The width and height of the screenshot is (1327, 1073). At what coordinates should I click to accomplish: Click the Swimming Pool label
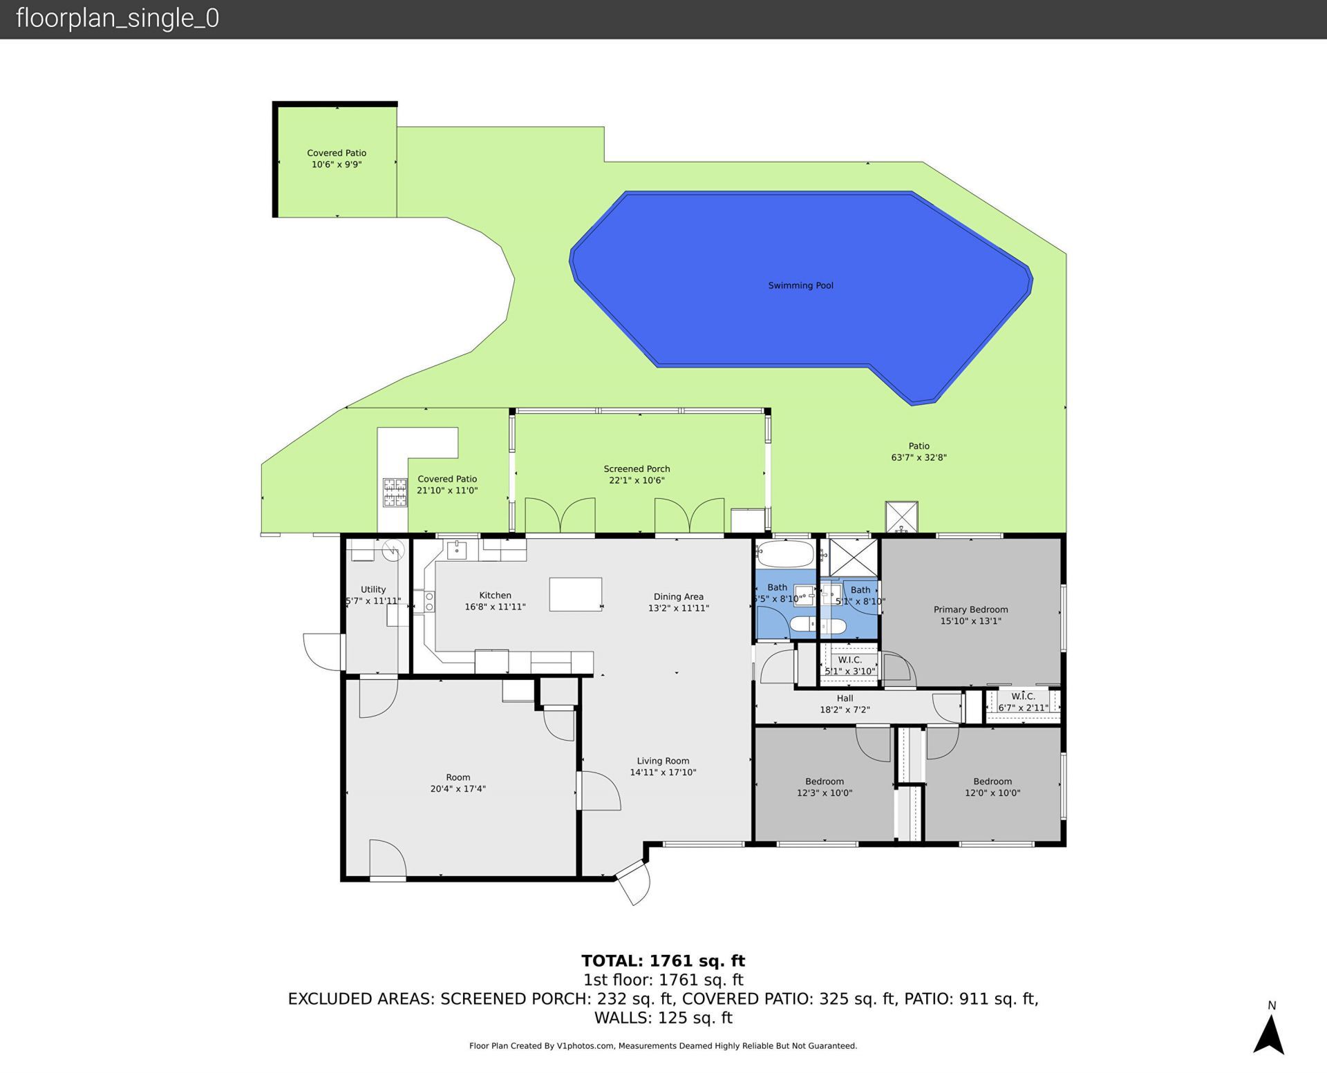800,285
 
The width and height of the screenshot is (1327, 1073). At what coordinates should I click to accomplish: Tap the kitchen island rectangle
575,594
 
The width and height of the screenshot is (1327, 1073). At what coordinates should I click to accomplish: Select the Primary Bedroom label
970,609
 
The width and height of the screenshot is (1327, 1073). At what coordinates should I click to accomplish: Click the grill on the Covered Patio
395,493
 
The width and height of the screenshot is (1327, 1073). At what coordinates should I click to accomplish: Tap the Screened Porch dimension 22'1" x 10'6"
637,480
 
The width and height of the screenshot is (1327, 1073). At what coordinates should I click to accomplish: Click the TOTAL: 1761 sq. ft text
663,960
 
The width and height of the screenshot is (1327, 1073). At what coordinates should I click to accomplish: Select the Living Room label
663,761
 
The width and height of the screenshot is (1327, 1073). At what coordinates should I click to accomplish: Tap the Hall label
845,699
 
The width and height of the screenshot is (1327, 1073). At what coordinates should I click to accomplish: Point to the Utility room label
373,589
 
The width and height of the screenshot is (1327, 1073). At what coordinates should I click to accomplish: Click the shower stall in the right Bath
853,557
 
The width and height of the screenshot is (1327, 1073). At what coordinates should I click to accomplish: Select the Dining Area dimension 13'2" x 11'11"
678,608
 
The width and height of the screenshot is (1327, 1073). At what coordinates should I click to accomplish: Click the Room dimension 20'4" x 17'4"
458,788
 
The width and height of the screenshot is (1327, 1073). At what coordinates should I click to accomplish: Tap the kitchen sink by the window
456,550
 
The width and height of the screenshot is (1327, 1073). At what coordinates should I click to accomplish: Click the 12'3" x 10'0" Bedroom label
824,787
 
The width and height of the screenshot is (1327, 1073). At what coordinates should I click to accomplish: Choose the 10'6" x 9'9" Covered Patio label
337,158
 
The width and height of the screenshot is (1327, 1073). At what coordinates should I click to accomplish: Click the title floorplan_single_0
117,18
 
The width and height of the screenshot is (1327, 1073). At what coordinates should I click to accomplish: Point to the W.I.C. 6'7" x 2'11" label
1023,702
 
